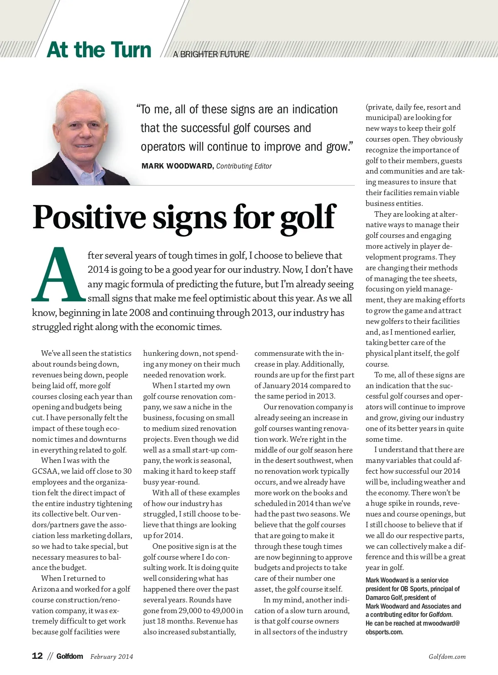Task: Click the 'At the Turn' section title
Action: pyautogui.click(x=99, y=50)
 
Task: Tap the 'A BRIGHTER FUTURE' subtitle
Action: pyautogui.click(x=211, y=54)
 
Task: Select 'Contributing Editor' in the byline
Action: pyautogui.click(x=244, y=166)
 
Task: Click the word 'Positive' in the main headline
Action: pyautogui.click(x=89, y=217)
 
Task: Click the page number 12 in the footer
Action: pyautogui.click(x=37, y=656)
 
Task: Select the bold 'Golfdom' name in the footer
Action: pyautogui.click(x=70, y=656)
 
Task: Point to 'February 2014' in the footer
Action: pyautogui.click(x=112, y=656)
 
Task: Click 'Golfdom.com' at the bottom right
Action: pyautogui.click(x=447, y=657)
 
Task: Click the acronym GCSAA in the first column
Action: pyautogui.click(x=46, y=471)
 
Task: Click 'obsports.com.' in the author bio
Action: pyautogui.click(x=384, y=632)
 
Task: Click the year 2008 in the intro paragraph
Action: pyautogui.click(x=139, y=313)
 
